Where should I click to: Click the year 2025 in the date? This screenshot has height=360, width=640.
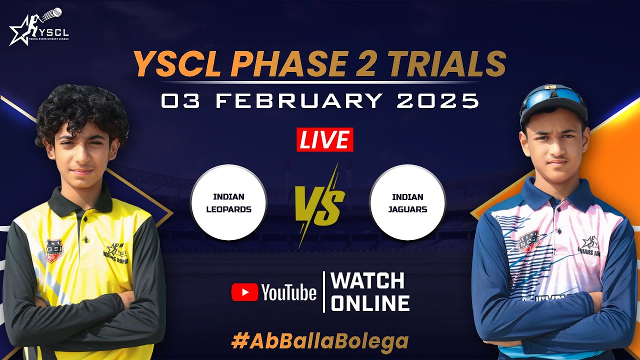438,101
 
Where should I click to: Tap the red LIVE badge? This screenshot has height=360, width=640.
324,139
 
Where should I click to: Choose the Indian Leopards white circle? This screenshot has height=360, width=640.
229,202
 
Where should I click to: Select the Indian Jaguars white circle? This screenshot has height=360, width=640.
407,202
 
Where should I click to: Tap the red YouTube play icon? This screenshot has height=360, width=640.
244,292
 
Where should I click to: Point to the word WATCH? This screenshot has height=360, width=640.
367,281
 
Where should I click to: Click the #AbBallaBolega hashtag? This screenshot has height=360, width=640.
320,341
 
